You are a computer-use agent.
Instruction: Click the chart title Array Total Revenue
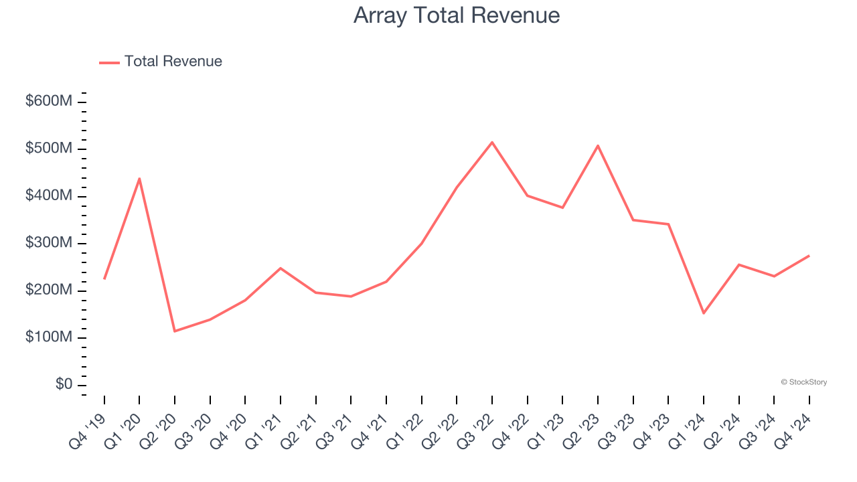tap(457, 15)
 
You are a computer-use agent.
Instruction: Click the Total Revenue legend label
tap(173, 62)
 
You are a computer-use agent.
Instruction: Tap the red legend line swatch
tap(109, 62)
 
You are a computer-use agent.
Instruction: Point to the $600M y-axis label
tap(49, 101)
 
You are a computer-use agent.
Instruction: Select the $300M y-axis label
tap(49, 243)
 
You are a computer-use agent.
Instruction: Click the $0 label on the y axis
tap(64, 385)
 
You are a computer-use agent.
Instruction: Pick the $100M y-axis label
tap(49, 337)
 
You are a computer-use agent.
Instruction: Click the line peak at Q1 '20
tap(139, 178)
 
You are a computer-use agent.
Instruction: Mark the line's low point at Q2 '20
tap(175, 331)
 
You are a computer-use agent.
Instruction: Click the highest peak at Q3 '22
tap(492, 142)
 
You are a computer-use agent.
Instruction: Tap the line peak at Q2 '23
tap(598, 145)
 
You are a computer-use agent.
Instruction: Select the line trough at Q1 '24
tap(704, 313)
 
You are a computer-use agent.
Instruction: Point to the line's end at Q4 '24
tap(809, 255)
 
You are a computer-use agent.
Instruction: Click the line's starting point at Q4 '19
tap(104, 278)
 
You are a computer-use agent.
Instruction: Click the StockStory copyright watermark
tap(803, 382)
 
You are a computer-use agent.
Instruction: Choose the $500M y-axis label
tap(49, 149)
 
